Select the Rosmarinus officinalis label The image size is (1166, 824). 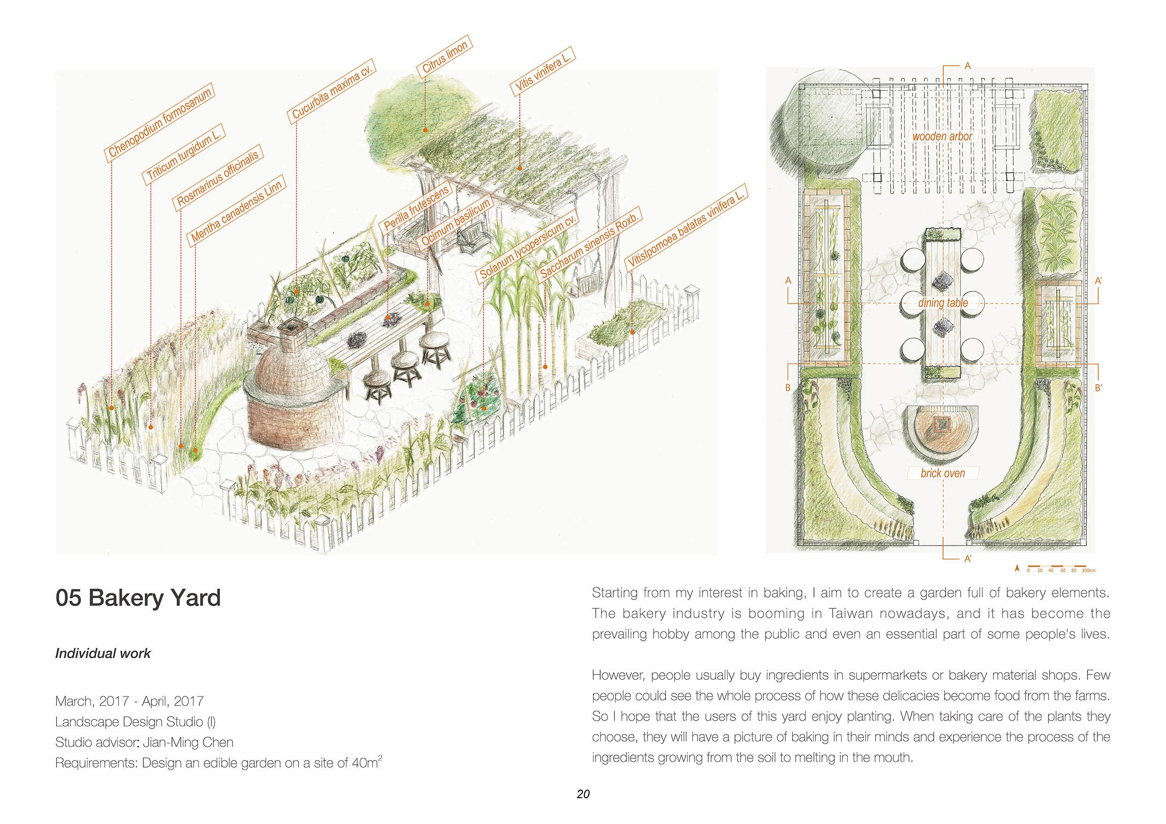(x=218, y=179)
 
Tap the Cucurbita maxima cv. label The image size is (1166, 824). (x=332, y=93)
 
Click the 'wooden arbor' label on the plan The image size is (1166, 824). (x=942, y=136)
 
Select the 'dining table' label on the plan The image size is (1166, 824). (x=943, y=303)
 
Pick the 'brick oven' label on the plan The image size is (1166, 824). (x=943, y=473)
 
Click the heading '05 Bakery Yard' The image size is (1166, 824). (x=138, y=598)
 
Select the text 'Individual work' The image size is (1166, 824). (x=103, y=653)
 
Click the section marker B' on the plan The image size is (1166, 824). (x=1097, y=389)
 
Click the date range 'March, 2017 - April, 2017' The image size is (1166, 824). (x=130, y=701)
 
